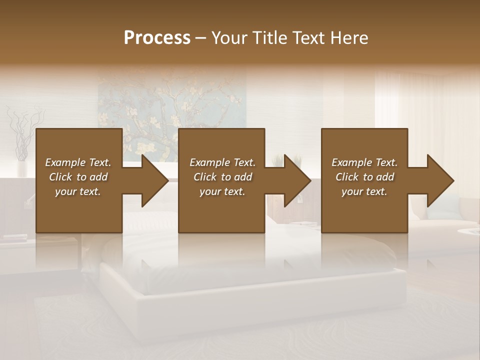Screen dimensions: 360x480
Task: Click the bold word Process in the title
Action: [x=157, y=37]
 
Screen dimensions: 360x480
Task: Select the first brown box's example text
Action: [x=78, y=177]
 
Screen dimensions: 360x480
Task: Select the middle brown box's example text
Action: [x=222, y=177]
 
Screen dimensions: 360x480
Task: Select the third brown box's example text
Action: [x=364, y=177]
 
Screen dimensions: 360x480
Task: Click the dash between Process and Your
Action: [x=201, y=38]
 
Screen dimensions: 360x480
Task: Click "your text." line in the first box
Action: [x=78, y=191]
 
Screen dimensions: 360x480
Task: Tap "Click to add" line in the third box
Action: [x=364, y=177]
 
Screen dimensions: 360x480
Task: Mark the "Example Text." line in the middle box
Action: [x=222, y=162]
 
